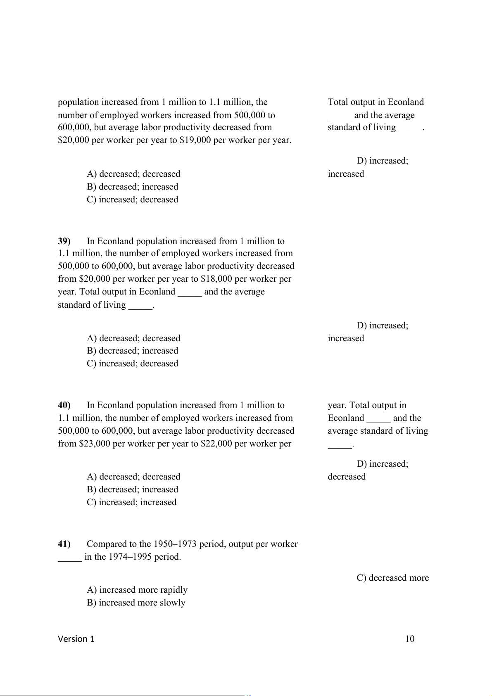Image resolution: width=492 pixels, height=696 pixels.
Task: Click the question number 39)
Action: click(x=64, y=241)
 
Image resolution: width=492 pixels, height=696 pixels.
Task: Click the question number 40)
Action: click(x=64, y=405)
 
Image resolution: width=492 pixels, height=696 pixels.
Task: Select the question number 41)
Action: click(x=64, y=544)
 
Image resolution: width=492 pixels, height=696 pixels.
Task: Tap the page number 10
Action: click(x=409, y=639)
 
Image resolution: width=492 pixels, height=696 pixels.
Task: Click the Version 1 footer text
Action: click(x=76, y=639)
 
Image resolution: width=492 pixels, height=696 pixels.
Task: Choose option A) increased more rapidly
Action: click(x=137, y=590)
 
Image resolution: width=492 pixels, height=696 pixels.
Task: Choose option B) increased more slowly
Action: click(x=136, y=603)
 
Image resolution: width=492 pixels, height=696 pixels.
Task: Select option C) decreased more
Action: click(x=392, y=578)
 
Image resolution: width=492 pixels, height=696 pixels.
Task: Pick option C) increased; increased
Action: click(x=131, y=502)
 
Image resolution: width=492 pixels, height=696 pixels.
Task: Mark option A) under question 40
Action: click(x=133, y=477)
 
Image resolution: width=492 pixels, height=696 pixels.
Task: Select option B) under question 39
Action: click(x=132, y=351)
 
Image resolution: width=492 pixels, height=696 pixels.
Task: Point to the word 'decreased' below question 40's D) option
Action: click(x=347, y=477)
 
